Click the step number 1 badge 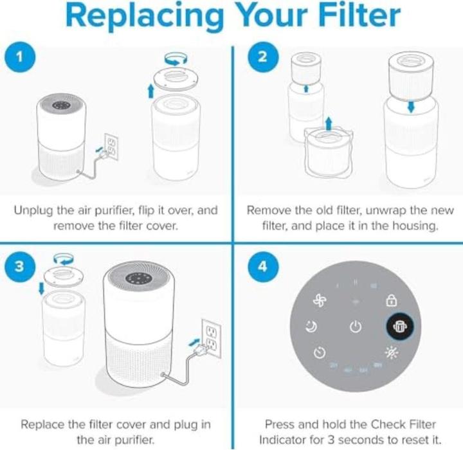pyautogui.click(x=21, y=57)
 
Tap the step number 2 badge pyautogui.click(x=262, y=57)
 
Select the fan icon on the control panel pyautogui.click(x=320, y=300)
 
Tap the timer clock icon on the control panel pyautogui.click(x=320, y=353)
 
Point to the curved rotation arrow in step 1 pyautogui.click(x=174, y=58)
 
